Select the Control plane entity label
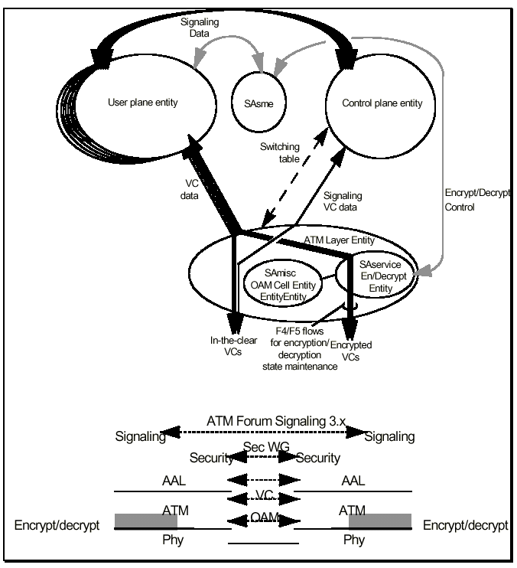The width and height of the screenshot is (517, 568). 375,102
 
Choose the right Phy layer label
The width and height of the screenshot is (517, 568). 353,540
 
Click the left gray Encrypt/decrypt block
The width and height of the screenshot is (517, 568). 146,521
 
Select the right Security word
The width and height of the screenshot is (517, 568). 317,458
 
